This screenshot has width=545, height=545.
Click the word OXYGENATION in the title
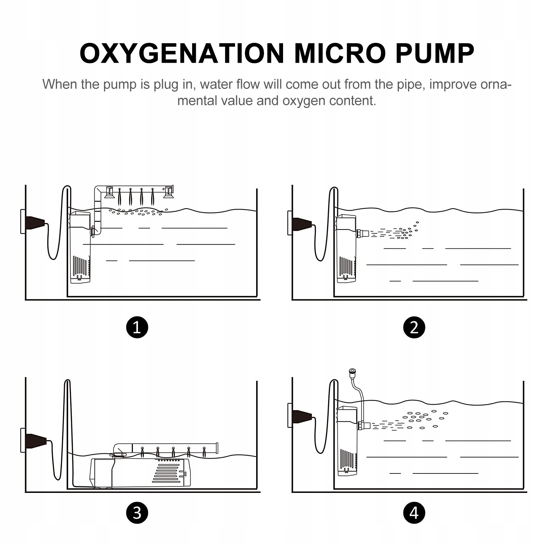coord(182,53)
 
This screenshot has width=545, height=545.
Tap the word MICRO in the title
coord(340,53)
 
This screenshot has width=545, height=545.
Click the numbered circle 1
coord(137,327)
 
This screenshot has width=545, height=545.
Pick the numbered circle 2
coord(414,327)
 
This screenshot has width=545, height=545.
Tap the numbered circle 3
coord(137,513)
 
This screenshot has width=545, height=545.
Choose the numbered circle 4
coord(414,513)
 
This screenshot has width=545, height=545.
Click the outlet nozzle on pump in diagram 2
coord(363,234)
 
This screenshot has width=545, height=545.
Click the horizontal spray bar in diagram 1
coord(136,189)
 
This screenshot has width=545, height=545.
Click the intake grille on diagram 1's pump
coord(80,266)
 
